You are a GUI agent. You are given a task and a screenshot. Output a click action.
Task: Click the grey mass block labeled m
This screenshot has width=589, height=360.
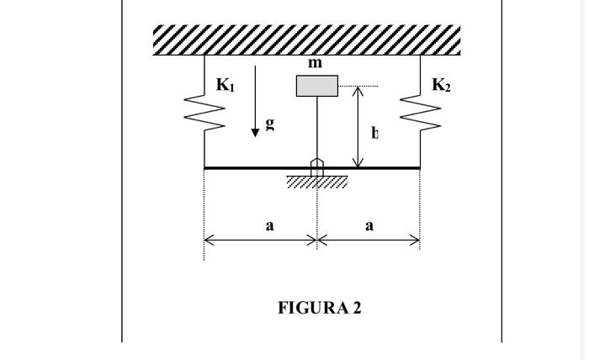[317, 86]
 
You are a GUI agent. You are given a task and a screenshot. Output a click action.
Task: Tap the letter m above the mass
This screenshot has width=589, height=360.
[316, 63]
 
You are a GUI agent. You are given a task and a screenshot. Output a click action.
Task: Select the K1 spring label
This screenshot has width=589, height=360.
[226, 85]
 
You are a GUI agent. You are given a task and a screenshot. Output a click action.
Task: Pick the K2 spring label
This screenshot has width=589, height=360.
[442, 85]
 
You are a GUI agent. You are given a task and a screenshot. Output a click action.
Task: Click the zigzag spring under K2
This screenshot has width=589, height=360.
[421, 114]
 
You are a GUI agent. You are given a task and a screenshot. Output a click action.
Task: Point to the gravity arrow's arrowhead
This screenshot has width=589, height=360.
[255, 133]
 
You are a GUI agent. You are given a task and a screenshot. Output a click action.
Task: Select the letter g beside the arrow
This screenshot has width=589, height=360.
[270, 123]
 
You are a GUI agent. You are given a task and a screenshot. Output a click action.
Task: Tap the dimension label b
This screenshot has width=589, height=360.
[375, 133]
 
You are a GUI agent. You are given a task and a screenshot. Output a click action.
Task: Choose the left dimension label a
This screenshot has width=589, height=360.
[270, 225]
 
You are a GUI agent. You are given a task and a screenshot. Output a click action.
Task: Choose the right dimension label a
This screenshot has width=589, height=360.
[369, 225]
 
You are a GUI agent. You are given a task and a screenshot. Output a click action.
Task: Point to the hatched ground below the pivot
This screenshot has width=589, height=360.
[317, 183]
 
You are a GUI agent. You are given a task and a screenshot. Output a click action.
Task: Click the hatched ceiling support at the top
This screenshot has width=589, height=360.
[307, 40]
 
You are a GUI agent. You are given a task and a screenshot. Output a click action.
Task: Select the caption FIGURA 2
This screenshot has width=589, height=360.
[320, 308]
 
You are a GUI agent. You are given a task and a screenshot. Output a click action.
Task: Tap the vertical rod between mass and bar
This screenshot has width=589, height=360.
[317, 126]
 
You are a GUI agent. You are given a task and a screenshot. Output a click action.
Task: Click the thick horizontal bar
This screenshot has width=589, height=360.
[252, 168]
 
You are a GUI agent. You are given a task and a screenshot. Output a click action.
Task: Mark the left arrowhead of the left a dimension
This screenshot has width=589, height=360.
[208, 241]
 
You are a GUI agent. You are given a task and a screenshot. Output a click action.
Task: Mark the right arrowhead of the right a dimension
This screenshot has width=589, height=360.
[417, 241]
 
